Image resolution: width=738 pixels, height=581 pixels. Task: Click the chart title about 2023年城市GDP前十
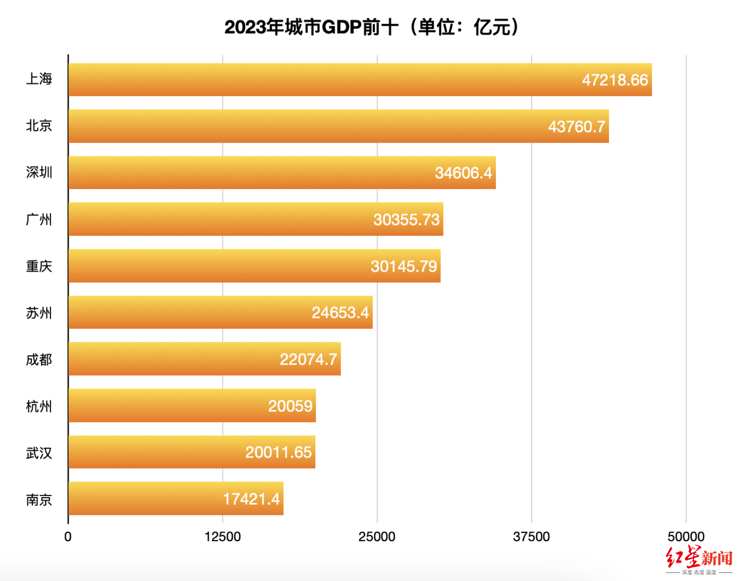point(371,27)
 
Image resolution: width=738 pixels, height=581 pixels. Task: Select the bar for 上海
point(323,80)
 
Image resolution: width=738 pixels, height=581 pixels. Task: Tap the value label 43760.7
point(576,126)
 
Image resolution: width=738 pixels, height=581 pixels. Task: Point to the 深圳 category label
point(39,173)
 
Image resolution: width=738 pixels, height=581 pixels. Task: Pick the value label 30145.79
point(403,266)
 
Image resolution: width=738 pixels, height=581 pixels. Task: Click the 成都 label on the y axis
point(39,359)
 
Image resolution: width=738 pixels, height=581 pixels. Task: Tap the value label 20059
point(290,406)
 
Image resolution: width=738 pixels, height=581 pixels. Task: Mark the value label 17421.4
point(251,499)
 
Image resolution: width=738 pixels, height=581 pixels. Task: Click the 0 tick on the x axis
point(68,536)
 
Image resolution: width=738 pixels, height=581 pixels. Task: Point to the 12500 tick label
point(223,536)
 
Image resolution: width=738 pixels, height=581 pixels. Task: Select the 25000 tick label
point(377,536)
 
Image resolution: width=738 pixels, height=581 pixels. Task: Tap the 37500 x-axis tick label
point(531,536)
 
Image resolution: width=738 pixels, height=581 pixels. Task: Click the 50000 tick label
point(686,536)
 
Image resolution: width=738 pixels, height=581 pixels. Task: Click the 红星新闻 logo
point(699,559)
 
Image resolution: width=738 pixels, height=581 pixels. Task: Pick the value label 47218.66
point(615,80)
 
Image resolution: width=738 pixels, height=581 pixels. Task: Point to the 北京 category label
point(39,126)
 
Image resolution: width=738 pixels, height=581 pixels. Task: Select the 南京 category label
point(39,500)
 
